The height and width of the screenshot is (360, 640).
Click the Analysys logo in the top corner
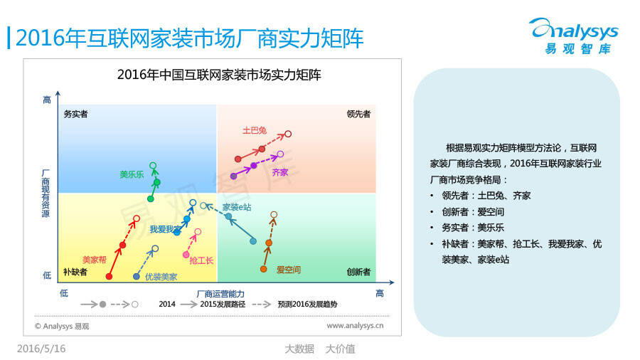click(575, 36)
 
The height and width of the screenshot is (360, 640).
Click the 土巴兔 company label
click(255, 130)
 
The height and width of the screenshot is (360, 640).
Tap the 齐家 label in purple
click(280, 172)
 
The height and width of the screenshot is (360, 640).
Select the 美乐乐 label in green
click(132, 174)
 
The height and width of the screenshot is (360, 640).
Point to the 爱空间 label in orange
click(288, 270)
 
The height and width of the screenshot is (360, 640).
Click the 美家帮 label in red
click(95, 260)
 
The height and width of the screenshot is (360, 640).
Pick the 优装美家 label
click(161, 277)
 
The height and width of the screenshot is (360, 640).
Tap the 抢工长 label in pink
click(201, 260)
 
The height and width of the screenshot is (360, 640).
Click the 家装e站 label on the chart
click(237, 207)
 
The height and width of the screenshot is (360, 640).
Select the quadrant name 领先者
click(358, 114)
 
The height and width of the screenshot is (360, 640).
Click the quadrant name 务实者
click(75, 114)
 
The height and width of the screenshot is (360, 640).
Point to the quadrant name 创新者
click(358, 272)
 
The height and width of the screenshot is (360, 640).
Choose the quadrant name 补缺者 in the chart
click(75, 272)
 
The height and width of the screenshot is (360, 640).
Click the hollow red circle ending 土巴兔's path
click(288, 134)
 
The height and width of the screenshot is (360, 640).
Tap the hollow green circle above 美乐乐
click(153, 165)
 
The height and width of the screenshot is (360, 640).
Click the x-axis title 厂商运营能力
click(220, 294)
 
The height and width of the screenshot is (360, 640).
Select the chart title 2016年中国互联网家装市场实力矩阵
click(219, 75)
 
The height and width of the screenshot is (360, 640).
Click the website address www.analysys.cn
click(355, 325)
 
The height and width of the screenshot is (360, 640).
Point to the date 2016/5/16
click(41, 349)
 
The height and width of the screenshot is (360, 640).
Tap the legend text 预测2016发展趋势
click(307, 304)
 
